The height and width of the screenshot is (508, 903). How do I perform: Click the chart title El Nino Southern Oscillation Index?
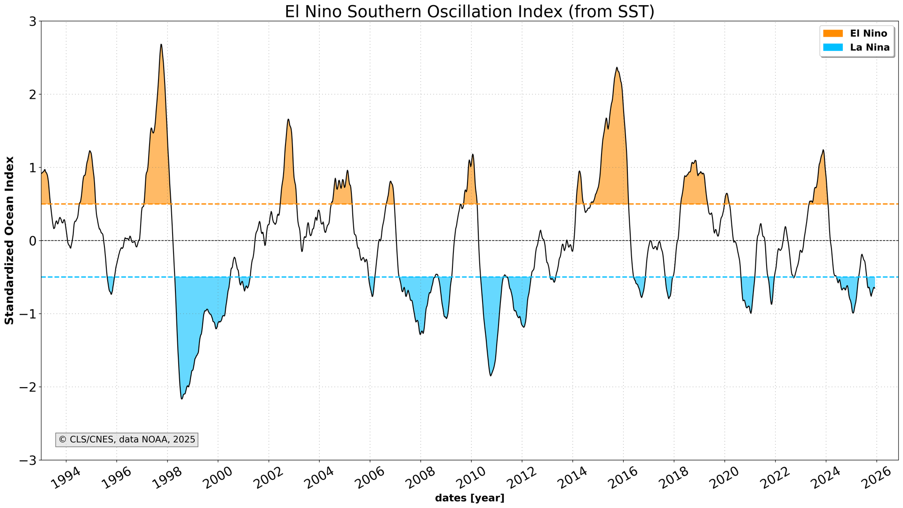(x=469, y=11)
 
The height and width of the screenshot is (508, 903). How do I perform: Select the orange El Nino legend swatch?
(x=833, y=33)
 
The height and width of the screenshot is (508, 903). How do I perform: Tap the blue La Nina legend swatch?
(x=833, y=48)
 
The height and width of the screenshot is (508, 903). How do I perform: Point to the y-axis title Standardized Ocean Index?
(x=9, y=240)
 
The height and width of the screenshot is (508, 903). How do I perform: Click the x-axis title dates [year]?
(x=469, y=498)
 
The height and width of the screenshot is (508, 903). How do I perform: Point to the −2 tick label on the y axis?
(x=28, y=387)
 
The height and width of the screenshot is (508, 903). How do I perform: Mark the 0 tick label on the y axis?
(x=32, y=241)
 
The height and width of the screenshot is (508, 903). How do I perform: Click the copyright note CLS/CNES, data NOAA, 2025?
(x=127, y=440)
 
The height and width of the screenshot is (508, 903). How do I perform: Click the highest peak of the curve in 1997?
(x=161, y=45)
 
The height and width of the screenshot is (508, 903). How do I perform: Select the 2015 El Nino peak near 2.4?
(x=617, y=68)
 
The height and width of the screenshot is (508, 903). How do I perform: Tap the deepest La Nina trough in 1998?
(x=182, y=399)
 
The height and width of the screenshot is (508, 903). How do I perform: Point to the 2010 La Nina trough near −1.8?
(x=491, y=375)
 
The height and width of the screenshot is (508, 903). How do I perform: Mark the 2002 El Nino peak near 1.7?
(x=288, y=119)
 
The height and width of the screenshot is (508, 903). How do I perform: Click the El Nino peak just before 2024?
(x=823, y=150)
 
